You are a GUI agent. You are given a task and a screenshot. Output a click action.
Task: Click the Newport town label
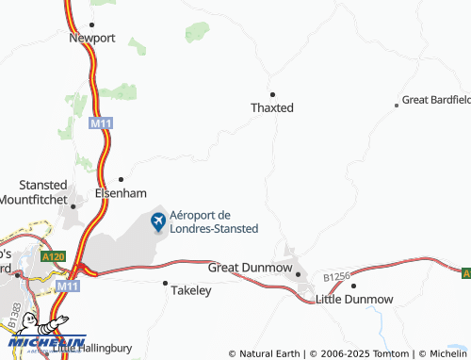91,39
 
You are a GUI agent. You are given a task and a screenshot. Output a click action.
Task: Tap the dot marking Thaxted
272,94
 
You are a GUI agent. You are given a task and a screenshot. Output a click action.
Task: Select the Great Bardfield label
436,99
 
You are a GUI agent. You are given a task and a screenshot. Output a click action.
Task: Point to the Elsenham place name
120,192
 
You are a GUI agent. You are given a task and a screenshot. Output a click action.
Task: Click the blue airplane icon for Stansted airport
158,221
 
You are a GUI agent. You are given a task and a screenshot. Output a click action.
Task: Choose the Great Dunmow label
257,268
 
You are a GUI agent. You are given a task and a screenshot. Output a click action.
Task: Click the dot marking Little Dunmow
353,285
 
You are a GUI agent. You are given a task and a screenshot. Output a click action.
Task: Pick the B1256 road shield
335,277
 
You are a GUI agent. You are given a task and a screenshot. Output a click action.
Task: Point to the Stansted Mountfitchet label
43,191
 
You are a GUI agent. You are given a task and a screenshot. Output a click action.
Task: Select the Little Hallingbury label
95,349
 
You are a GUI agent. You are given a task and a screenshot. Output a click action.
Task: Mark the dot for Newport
91,25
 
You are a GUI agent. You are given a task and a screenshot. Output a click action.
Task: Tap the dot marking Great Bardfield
397,106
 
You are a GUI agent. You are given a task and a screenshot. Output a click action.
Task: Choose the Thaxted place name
272,107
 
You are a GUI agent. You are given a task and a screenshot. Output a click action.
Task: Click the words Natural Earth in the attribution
270,353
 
